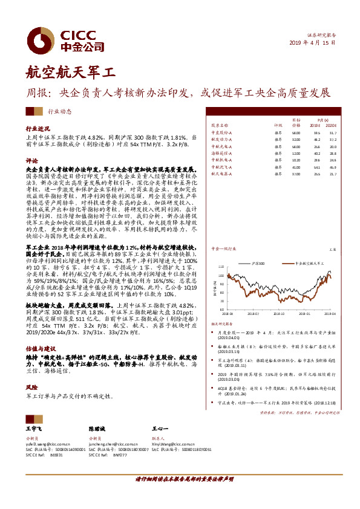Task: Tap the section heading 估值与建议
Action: pyautogui.click(x=39, y=349)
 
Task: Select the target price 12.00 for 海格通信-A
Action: pyautogui.click(x=295, y=153)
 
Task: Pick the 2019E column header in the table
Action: pyautogui.click(x=316, y=126)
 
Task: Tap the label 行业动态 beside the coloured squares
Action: pyautogui.click(x=59, y=111)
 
